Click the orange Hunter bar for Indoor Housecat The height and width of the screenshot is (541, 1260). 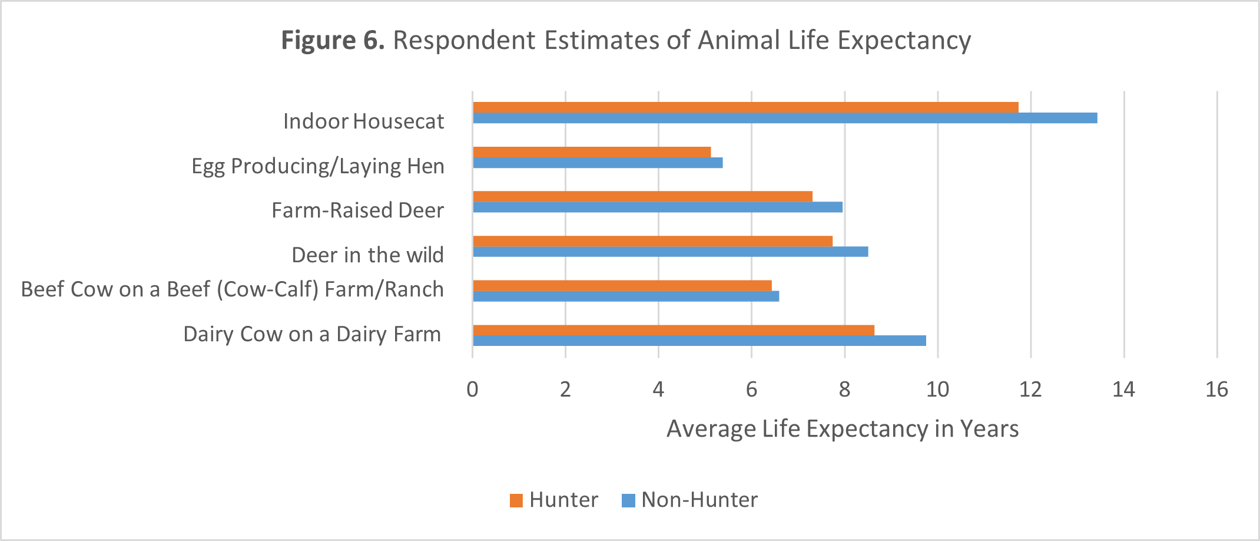[x=745, y=107]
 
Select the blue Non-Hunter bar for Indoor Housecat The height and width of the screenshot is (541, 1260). [x=785, y=118]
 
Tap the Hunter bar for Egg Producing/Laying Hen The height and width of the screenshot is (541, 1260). [x=592, y=152]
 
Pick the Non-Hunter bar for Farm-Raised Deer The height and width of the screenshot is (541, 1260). [x=658, y=207]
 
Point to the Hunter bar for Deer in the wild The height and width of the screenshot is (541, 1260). [x=652, y=241]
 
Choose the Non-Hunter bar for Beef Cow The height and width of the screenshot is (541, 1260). [x=626, y=296]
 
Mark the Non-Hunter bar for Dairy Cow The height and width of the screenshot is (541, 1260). [x=699, y=341]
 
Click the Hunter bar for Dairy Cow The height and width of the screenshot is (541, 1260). [x=674, y=330]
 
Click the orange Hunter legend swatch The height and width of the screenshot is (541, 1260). [x=516, y=500]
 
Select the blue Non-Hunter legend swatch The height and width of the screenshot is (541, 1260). [x=628, y=500]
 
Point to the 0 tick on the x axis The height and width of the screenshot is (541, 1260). [x=472, y=390]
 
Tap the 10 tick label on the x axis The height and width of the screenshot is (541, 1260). [x=937, y=390]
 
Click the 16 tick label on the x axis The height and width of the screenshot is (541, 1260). [x=1216, y=390]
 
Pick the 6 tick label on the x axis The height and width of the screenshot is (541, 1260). [x=751, y=390]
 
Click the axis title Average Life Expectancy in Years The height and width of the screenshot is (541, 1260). [x=843, y=429]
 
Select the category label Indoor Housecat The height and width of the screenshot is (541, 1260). [x=363, y=121]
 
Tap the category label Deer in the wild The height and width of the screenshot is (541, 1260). [x=367, y=255]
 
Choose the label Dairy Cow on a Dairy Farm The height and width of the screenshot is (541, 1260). [x=312, y=334]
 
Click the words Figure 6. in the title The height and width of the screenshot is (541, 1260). [x=333, y=41]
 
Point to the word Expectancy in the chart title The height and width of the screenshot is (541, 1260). [x=904, y=41]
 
